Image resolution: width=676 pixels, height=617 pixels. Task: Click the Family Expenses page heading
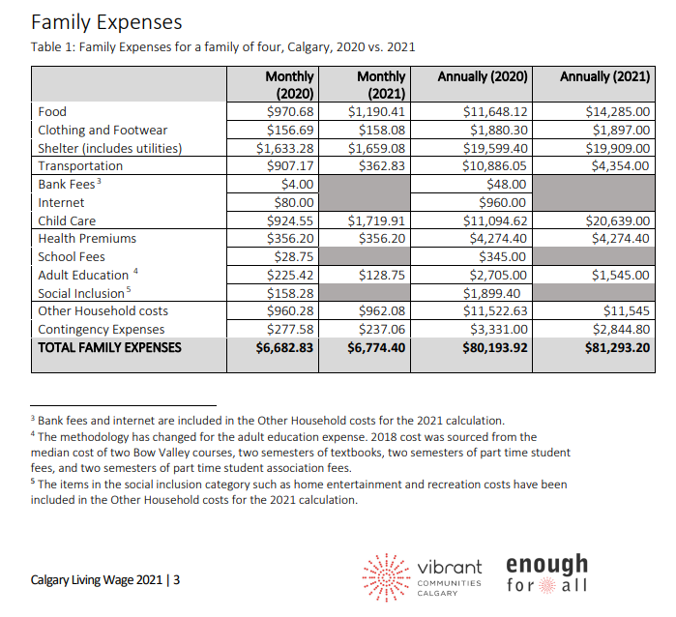pos(106,21)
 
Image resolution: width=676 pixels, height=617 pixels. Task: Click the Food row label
pos(52,112)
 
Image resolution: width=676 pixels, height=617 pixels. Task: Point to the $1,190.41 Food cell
pos(376,112)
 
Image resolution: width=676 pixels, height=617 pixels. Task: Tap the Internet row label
pos(61,202)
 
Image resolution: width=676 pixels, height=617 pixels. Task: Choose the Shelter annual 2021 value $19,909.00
pos(618,148)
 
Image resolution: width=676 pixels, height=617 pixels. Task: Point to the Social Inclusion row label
pos(81,293)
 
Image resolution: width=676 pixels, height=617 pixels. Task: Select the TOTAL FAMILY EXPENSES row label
pos(109,347)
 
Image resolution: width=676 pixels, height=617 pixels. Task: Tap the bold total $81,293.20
pos(617,347)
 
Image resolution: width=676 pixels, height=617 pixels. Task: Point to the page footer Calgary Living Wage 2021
pos(105,580)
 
